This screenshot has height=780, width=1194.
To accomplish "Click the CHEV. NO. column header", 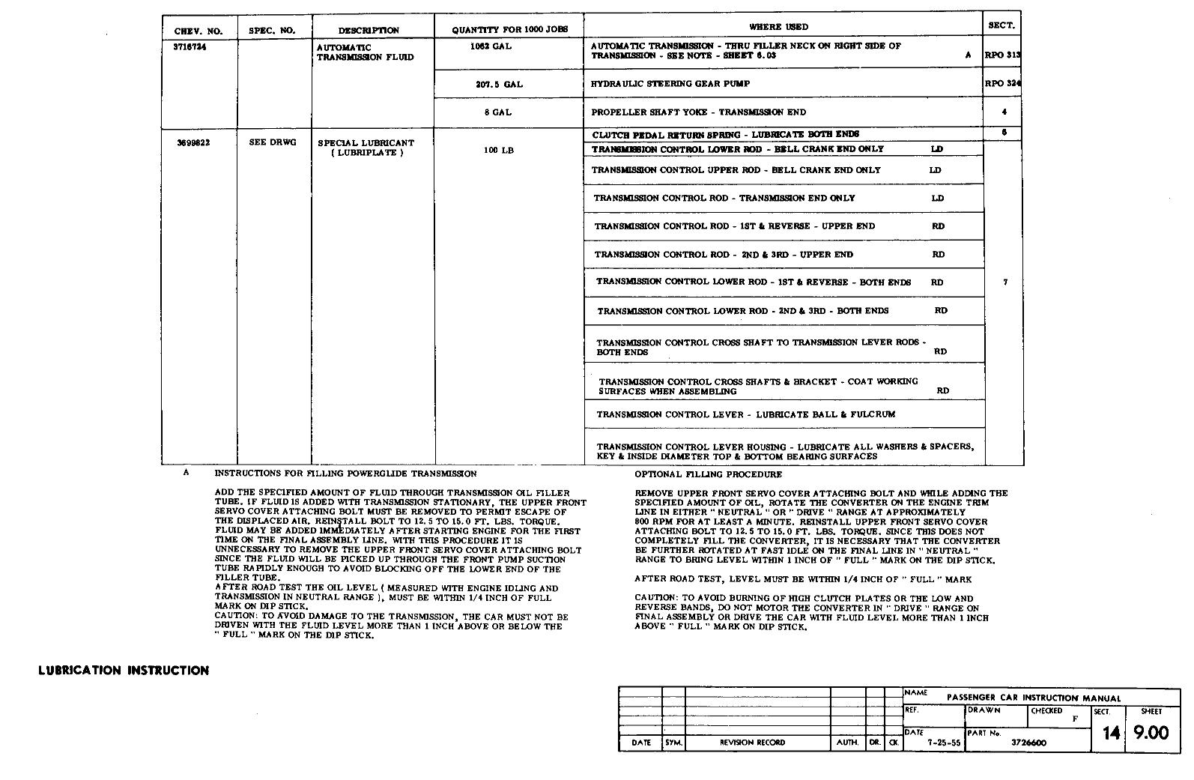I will point(199,31).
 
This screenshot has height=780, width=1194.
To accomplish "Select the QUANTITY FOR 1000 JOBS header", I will point(510,30).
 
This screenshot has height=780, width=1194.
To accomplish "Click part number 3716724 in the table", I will point(190,46).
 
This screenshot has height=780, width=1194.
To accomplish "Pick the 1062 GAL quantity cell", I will point(491,46).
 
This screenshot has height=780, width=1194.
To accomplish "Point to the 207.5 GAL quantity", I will point(499,85).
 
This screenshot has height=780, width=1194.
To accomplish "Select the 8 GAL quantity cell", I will point(497,112).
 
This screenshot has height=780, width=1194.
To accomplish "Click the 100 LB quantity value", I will point(499,151).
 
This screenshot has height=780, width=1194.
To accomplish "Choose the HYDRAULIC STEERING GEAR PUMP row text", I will point(670,84).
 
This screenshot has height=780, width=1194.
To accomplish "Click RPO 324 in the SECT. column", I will point(1002,84).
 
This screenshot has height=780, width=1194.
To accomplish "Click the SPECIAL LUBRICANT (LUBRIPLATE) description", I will point(366,148).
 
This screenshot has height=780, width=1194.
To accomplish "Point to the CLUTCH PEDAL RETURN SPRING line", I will point(726,135).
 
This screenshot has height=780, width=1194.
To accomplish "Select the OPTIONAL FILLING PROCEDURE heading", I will point(708,474).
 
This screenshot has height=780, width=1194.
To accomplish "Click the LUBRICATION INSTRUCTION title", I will point(124,671).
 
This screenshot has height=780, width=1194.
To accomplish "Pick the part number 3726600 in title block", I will point(1029,743).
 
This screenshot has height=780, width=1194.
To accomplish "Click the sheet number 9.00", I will point(1151,733).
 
